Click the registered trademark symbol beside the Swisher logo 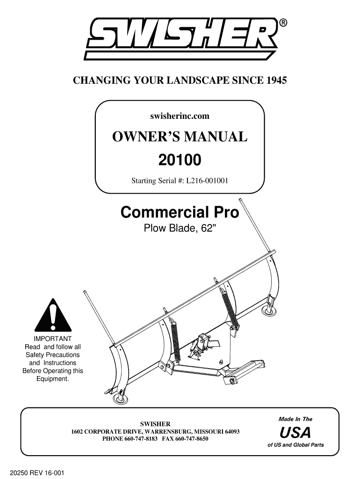[283, 22]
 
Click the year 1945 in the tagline [277, 80]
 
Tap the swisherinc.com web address [180, 116]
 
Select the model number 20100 [180, 160]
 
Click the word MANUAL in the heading [215, 137]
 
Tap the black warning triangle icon [53, 315]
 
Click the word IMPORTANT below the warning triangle [52, 339]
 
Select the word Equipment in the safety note [52, 379]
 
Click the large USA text [295, 432]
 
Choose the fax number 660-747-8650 [192, 439]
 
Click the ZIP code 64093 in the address [232, 432]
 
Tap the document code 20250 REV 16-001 [37, 472]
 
